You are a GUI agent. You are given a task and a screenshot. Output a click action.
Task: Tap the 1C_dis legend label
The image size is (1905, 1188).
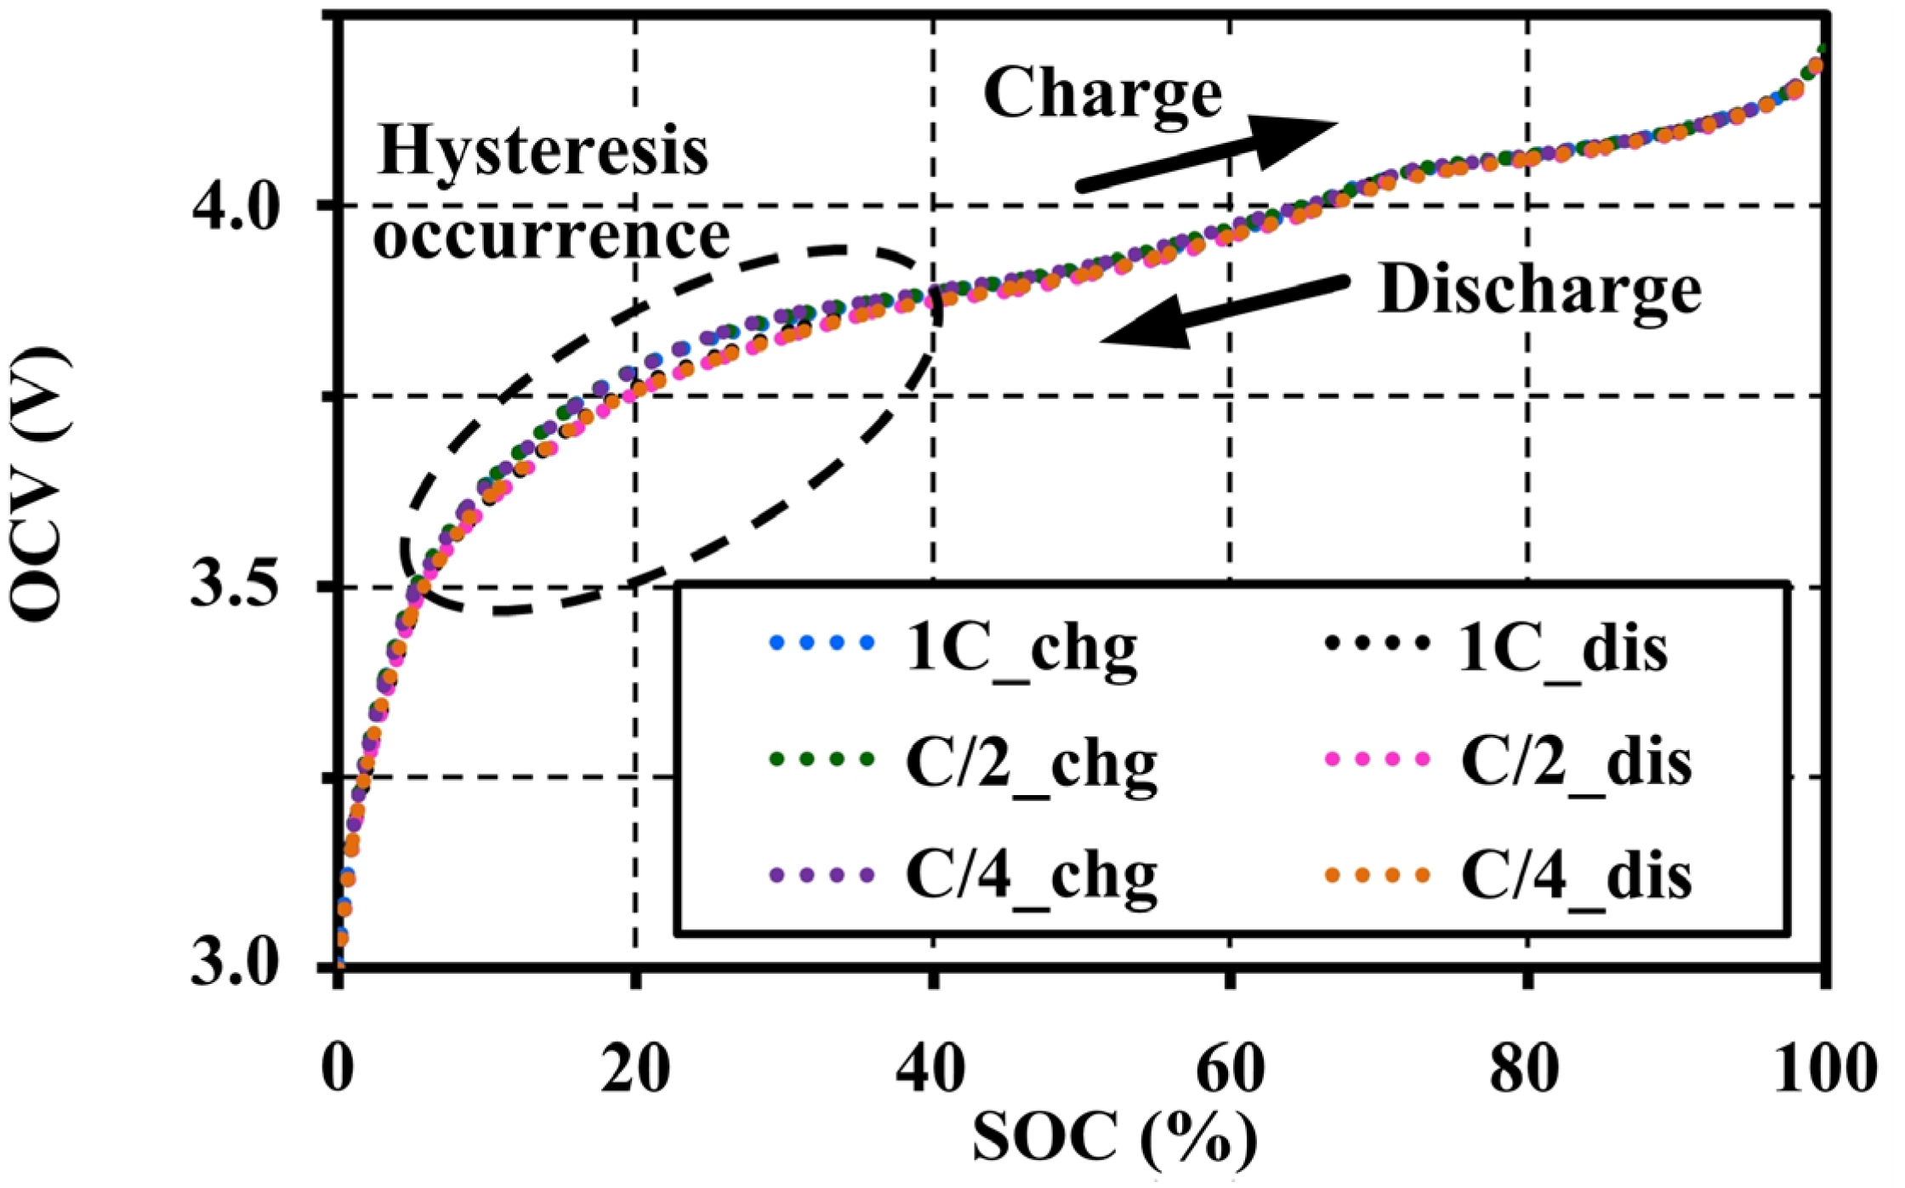[1563, 650]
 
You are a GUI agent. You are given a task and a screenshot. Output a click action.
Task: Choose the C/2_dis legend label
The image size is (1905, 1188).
[1576, 763]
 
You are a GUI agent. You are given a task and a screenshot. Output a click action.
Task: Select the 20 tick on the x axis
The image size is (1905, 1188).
[634, 1069]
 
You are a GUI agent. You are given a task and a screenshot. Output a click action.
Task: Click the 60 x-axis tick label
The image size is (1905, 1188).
[1229, 1069]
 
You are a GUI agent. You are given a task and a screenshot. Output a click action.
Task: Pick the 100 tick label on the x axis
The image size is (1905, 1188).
[1824, 1069]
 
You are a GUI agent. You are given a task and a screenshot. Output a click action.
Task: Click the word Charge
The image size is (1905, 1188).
[1103, 94]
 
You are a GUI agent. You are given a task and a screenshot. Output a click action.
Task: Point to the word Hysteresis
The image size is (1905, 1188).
[543, 151]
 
